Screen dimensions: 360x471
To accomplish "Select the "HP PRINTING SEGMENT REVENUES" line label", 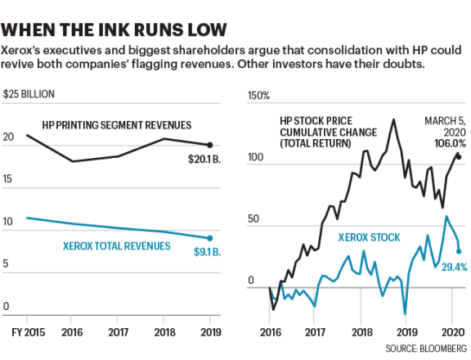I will tap(117, 125).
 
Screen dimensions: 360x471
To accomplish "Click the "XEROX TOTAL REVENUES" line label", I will tap(116, 245).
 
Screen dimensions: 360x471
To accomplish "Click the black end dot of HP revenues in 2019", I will tap(210, 144).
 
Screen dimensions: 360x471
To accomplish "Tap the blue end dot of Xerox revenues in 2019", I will tap(210, 238).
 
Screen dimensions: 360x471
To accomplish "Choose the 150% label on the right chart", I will tap(258, 97).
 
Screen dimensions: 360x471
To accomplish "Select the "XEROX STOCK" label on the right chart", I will tap(370, 237).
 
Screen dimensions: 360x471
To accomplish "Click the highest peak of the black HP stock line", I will tap(393, 119).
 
